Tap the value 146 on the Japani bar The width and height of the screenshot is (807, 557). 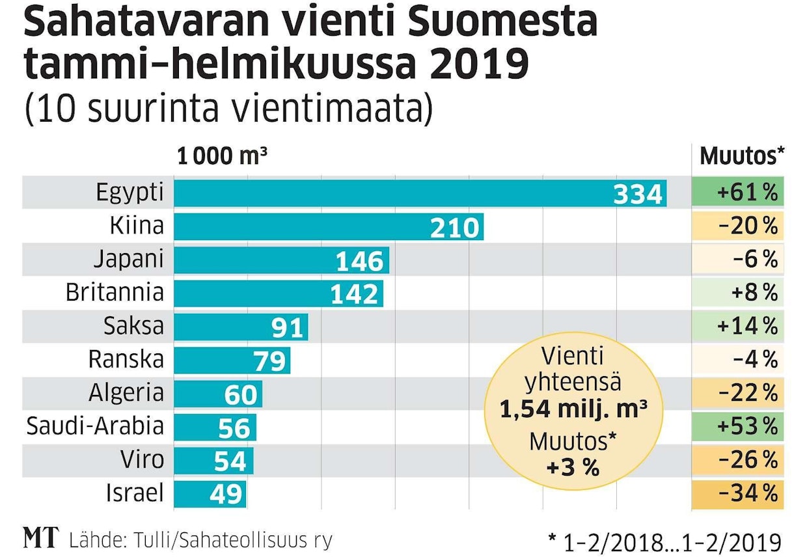pyautogui.click(x=359, y=261)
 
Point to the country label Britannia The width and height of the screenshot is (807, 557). pyautogui.click(x=115, y=293)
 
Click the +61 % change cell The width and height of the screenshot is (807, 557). pyautogui.click(x=737, y=193)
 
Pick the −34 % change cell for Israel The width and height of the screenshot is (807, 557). pyautogui.click(x=737, y=494)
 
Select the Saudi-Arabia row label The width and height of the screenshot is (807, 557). pyautogui.click(x=95, y=427)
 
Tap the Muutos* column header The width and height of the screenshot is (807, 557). pyautogui.click(x=742, y=157)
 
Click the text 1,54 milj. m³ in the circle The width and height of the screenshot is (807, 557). pyautogui.click(x=573, y=409)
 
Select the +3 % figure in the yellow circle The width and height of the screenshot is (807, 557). pyautogui.click(x=573, y=468)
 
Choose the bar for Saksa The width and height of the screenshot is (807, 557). pyautogui.click(x=241, y=327)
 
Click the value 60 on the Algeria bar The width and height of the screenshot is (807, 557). pyautogui.click(x=241, y=394)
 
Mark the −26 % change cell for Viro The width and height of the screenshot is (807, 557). pyautogui.click(x=737, y=460)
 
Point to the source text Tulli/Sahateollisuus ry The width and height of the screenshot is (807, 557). pyautogui.click(x=234, y=540)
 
